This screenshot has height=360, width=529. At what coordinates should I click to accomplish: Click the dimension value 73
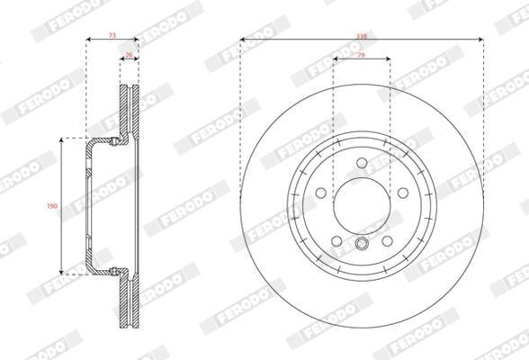point(112,35)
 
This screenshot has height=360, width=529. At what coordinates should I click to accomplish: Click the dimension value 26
point(129,54)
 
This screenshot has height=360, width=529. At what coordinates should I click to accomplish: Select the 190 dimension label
point(52,205)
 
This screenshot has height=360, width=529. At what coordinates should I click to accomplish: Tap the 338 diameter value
point(362,36)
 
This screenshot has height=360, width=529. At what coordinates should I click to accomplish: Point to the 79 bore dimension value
point(362,55)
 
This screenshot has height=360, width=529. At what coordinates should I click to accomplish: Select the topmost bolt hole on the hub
point(362,163)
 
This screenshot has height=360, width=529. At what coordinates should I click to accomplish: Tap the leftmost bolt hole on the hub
point(321,193)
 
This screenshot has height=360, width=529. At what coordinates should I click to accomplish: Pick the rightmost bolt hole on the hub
point(402,193)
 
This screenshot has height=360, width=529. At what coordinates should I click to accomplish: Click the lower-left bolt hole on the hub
point(336,241)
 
